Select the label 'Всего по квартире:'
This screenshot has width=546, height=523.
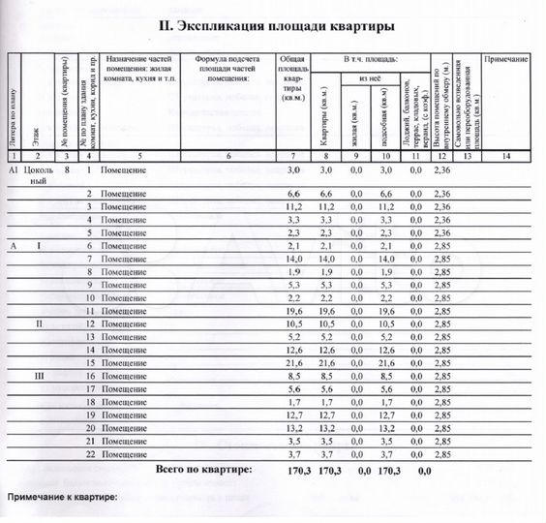tap(203, 469)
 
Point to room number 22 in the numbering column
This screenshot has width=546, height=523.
tap(89, 453)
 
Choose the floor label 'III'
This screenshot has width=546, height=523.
tap(39, 374)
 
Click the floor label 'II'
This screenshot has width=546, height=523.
tap(39, 323)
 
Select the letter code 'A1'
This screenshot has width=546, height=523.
tap(14, 169)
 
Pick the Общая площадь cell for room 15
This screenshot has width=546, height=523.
tap(295, 361)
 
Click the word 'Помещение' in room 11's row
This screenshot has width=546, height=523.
tap(124, 310)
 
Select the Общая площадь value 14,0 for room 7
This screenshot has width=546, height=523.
tap(295, 260)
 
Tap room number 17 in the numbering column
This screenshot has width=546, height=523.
tap(89, 387)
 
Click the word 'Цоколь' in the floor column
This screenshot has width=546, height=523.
tap(40, 169)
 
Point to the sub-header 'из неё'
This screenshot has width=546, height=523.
tap(368, 78)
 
